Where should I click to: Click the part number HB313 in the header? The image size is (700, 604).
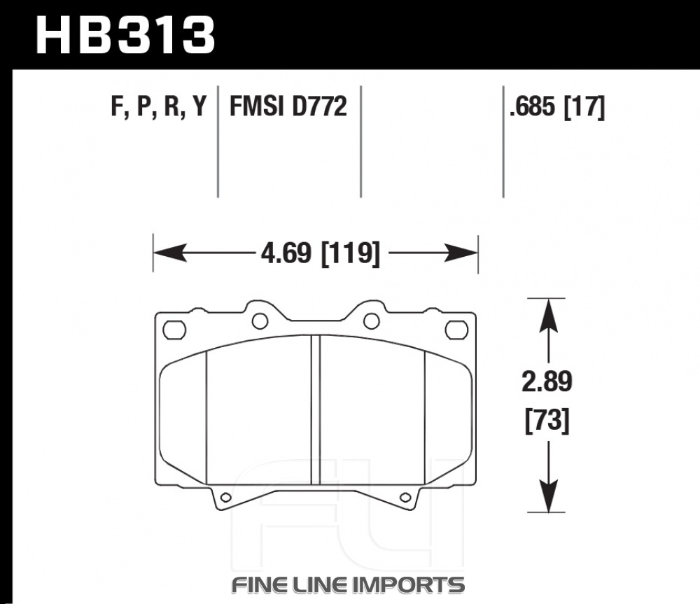click(125, 35)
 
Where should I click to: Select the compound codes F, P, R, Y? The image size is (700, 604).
click(159, 106)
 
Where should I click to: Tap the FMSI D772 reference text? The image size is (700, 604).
click(288, 106)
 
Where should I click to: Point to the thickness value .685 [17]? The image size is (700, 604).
click(557, 107)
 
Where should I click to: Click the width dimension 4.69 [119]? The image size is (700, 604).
click(321, 253)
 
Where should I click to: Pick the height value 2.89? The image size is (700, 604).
click(547, 381)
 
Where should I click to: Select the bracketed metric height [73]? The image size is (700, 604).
click(547, 420)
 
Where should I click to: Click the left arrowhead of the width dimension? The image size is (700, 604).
click(169, 253)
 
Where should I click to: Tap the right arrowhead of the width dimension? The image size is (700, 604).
click(461, 253)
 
